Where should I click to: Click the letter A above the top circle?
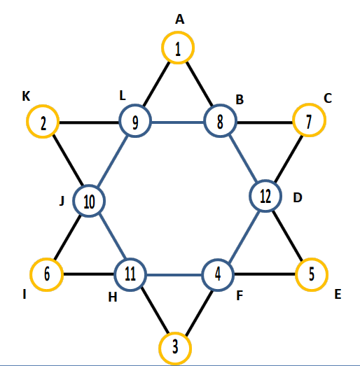click(179, 19)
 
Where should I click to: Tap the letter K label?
click(26, 96)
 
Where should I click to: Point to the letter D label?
click(298, 197)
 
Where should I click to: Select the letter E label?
click(338, 294)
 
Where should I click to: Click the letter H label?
click(113, 297)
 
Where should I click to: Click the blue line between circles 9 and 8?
click(177, 122)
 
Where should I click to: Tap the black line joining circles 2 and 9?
click(89, 122)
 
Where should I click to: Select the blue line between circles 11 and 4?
click(174, 275)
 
